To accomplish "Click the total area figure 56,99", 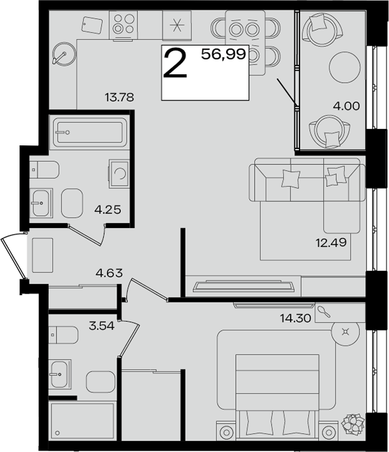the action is pyautogui.click(x=224, y=54).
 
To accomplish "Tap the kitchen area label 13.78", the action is pyautogui.click(x=119, y=97).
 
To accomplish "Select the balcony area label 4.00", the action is pyautogui.click(x=346, y=106).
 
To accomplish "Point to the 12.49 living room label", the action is pyautogui.click(x=331, y=243).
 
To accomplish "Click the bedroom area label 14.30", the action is pyautogui.click(x=296, y=318).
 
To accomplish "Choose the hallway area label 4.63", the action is pyautogui.click(x=109, y=273).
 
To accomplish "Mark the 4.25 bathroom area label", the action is pyautogui.click(x=108, y=209).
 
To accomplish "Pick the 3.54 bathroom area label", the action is pyautogui.click(x=102, y=325).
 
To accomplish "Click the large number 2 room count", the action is pyautogui.click(x=175, y=63).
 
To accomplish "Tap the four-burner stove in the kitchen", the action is pyautogui.click(x=123, y=25).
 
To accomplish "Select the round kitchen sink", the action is pyautogui.click(x=64, y=54).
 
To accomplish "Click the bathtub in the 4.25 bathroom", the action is pyautogui.click(x=88, y=132).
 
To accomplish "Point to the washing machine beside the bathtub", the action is pyautogui.click(x=119, y=173).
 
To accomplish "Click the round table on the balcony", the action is pyautogui.click(x=345, y=68).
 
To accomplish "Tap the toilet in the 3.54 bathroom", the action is pyautogui.click(x=63, y=335).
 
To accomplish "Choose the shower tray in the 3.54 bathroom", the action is pyautogui.click(x=82, y=420).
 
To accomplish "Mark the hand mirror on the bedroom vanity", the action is pyautogui.click(x=323, y=312).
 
